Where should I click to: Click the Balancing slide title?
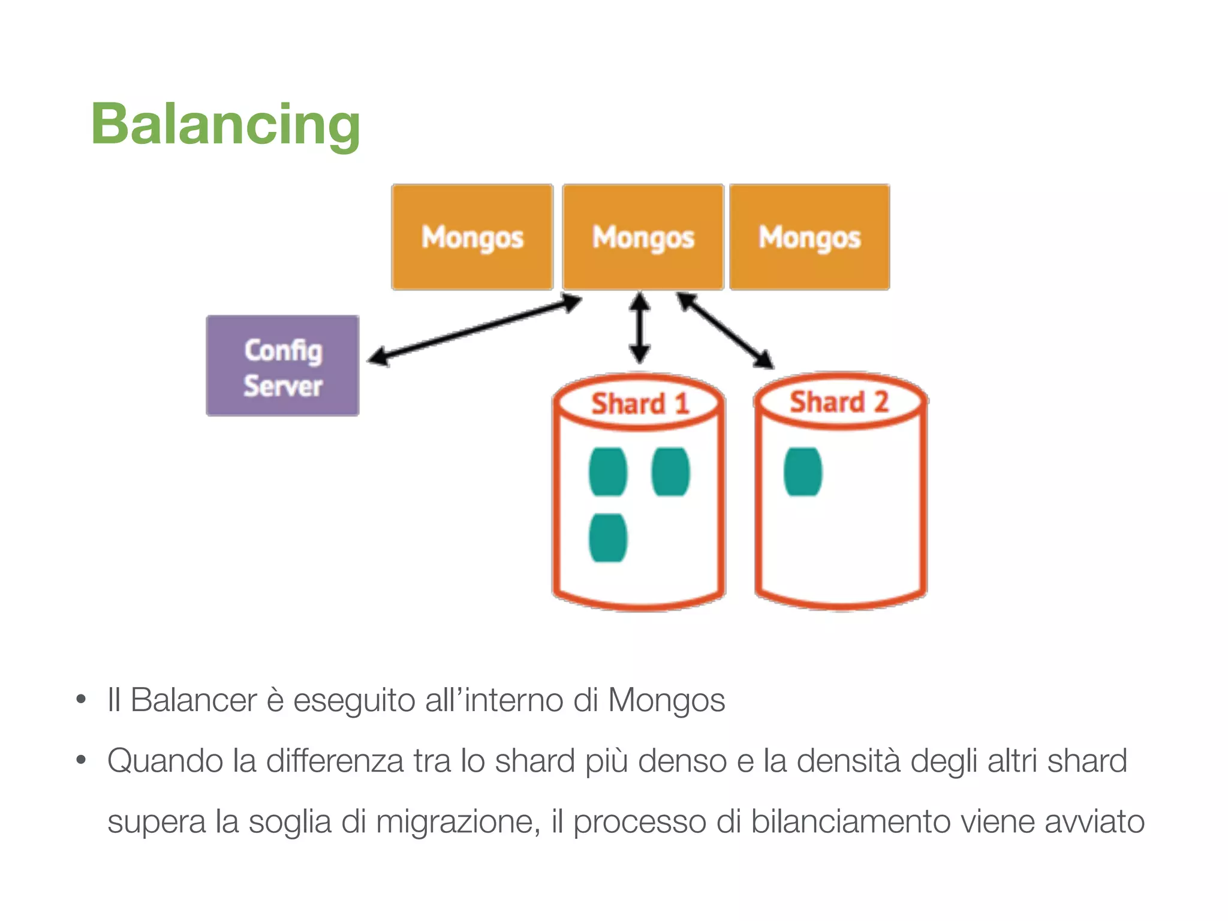225,124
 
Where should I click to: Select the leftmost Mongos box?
472,237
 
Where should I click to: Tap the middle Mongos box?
643,237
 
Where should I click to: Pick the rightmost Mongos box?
809,237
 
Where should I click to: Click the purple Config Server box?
282,366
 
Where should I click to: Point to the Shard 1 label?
639,404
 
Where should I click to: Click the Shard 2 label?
838,402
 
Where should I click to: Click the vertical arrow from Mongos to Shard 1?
639,327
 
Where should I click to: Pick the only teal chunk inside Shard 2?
802,472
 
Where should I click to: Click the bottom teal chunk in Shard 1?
607,538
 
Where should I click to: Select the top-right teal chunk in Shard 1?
670,472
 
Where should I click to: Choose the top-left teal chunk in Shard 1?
607,472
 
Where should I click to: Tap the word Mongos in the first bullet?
666,700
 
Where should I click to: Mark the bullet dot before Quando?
81,760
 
